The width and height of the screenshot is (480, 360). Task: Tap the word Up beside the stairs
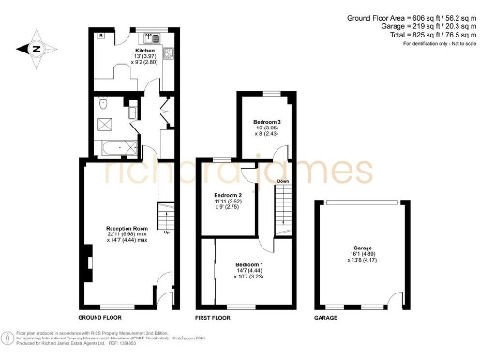(x=167, y=233)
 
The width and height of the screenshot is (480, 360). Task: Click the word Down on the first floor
(x=282, y=181)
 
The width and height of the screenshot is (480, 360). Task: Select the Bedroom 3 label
(x=267, y=123)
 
